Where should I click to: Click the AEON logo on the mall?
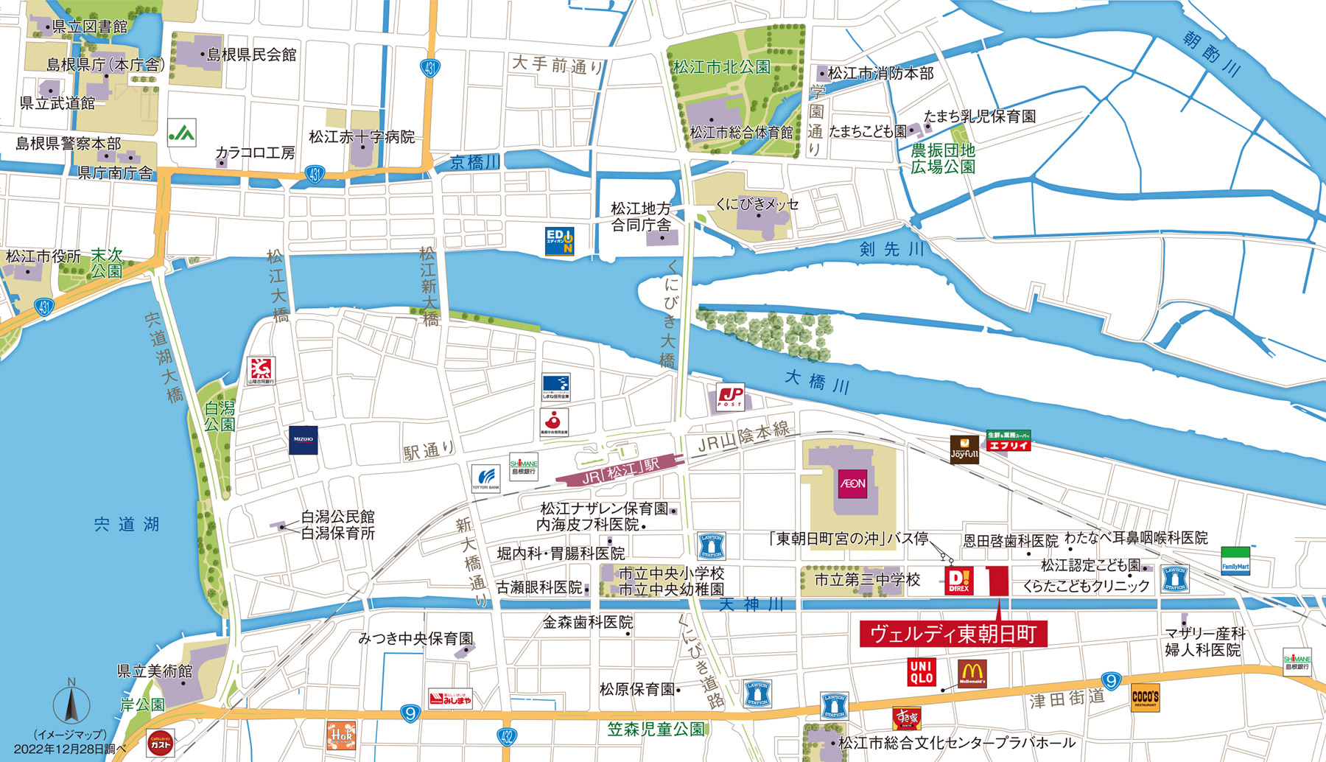[852, 483]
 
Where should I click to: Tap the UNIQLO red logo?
[922, 671]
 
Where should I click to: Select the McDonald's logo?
[972, 673]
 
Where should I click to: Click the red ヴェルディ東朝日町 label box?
[953, 634]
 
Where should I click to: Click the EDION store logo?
[559, 241]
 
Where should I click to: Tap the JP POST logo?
[730, 396]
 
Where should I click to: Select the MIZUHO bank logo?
[303, 439]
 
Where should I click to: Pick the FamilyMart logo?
[1235, 561]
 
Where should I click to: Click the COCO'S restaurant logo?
[1146, 697]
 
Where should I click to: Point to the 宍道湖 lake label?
[127, 525]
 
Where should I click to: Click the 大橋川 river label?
[817, 382]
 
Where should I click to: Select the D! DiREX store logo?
[958, 581]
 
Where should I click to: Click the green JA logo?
[181, 133]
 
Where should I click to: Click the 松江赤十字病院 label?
[362, 137]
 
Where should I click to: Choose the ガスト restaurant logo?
[161, 744]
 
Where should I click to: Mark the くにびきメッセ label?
[757, 204]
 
